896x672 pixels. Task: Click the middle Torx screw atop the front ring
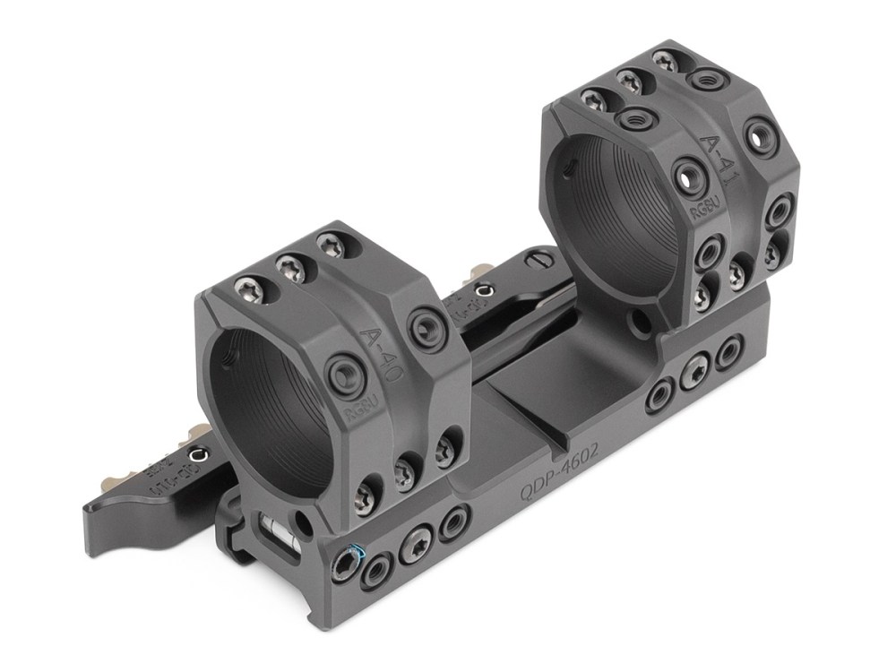289,265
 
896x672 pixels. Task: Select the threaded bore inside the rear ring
609,215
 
